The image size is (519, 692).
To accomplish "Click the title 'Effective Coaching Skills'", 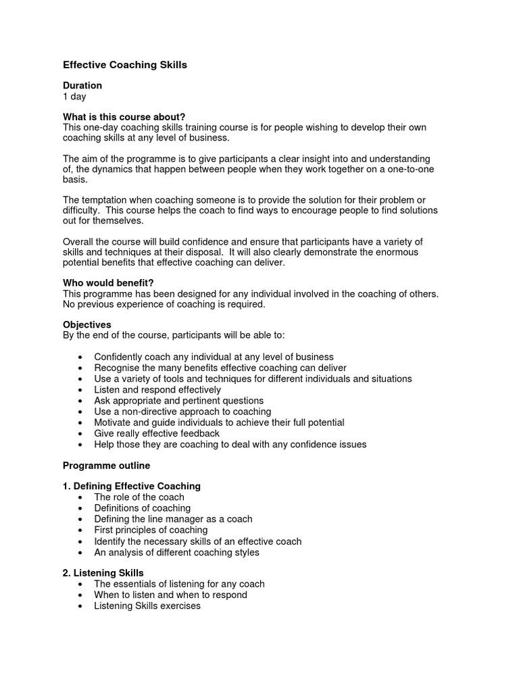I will [124, 66].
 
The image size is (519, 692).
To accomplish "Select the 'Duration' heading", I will [82, 86].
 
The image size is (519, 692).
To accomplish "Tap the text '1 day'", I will [74, 97].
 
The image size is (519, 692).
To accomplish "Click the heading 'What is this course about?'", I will [124, 117].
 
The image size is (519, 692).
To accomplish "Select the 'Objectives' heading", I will [86, 325].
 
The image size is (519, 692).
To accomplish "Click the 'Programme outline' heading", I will [106, 466].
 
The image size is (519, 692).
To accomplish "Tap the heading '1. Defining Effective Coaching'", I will [131, 486].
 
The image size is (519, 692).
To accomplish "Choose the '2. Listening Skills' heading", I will [103, 573].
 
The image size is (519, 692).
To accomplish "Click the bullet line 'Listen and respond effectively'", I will [157, 390].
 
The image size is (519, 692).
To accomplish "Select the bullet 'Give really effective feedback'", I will [157, 433].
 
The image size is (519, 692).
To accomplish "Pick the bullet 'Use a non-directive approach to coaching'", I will [182, 412].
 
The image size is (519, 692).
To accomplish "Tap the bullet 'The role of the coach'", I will [139, 497].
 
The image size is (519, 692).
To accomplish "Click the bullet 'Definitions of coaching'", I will [143, 508].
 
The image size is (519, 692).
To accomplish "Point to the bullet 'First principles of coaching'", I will [151, 530].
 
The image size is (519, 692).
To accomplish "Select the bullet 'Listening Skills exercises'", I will [147, 605].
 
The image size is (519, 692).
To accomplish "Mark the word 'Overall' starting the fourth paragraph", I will [78, 242].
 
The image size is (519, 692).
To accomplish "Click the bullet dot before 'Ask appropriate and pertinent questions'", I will [81, 401].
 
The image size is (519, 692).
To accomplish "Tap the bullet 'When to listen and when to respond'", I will [170, 595].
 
